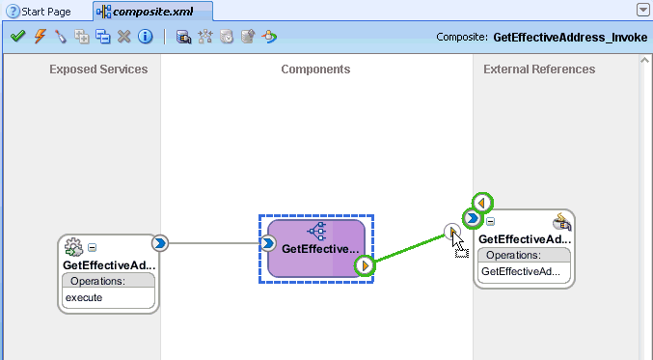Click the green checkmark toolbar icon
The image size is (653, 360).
pyautogui.click(x=17, y=37)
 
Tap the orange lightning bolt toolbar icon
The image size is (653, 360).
pyautogui.click(x=39, y=37)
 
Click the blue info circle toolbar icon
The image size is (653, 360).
pyautogui.click(x=145, y=37)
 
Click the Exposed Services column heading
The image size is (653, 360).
pyautogui.click(x=98, y=69)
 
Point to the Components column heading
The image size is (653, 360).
pyautogui.click(x=315, y=69)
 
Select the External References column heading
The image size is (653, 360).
pyautogui.click(x=539, y=69)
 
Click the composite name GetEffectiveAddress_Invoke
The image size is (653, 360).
pyautogui.click(x=569, y=38)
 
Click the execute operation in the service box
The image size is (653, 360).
pyautogui.click(x=84, y=297)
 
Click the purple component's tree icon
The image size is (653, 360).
pyautogui.click(x=316, y=232)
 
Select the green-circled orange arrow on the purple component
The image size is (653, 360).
pyautogui.click(x=365, y=265)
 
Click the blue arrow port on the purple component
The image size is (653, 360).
pyautogui.click(x=269, y=243)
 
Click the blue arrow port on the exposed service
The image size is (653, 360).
pyautogui.click(x=160, y=243)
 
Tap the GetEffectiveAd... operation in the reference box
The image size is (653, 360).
pyautogui.click(x=520, y=272)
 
